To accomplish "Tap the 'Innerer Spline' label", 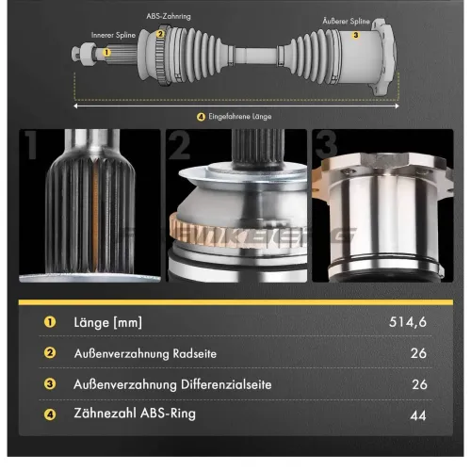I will [x=112, y=35].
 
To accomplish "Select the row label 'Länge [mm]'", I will [x=108, y=323].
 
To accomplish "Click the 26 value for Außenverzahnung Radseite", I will [x=419, y=353].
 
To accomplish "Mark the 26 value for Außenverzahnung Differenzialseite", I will [x=419, y=383].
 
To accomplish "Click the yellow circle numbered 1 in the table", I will [x=47, y=323].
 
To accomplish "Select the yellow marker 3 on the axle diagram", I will [x=355, y=35].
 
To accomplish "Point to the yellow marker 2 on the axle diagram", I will [x=160, y=35].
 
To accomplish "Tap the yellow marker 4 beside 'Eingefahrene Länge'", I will [x=201, y=117].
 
